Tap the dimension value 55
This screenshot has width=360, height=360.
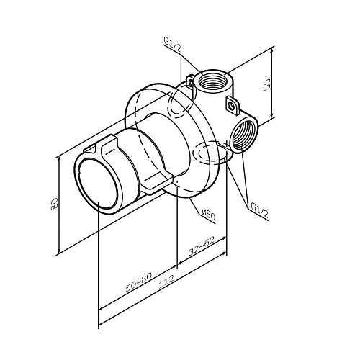pos(266,84)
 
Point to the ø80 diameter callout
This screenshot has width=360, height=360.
pos(207,213)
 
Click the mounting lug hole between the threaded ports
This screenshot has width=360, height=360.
pos(232,106)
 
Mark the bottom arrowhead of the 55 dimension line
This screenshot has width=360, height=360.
pos(274,117)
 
